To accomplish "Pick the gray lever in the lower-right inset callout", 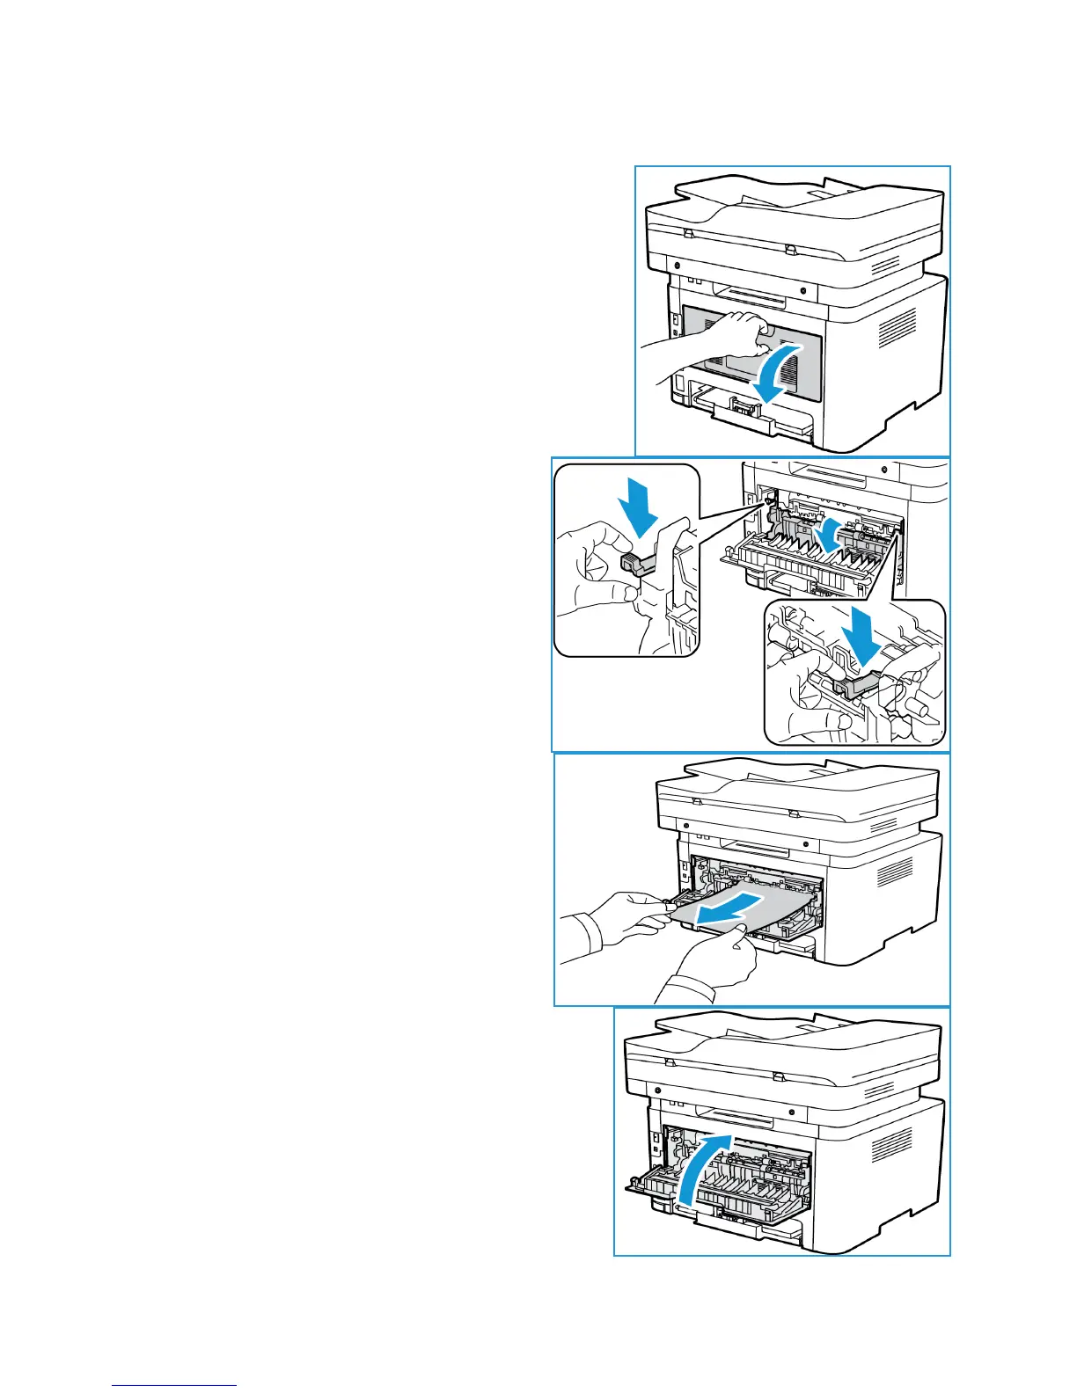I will coord(850,685).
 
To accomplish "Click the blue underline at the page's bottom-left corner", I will coord(174,1387).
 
